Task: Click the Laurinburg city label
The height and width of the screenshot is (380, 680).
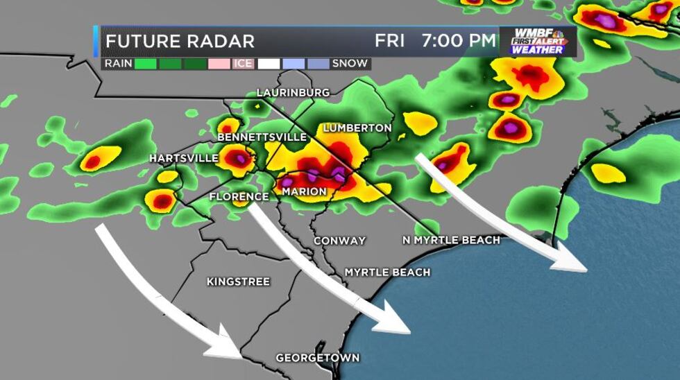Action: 293,92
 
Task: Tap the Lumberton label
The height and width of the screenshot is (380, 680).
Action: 357,128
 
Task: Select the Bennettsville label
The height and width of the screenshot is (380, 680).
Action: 262,137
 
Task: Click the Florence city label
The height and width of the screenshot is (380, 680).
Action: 239,197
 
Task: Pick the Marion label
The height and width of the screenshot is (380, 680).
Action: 304,191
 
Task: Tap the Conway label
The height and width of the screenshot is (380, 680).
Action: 339,241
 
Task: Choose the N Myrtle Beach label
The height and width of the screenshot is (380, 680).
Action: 451,240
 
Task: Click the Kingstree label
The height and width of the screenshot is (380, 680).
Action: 238,282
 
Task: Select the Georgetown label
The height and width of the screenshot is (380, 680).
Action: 318,358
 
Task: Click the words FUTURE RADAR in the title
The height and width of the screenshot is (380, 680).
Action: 180,41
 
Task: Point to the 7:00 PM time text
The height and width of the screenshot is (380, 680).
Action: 459,41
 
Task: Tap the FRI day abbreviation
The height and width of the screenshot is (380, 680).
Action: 389,41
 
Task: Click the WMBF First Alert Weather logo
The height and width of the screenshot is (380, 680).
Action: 537,42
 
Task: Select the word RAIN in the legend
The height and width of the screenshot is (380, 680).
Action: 118,64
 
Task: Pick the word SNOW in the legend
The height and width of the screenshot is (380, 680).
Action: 350,64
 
